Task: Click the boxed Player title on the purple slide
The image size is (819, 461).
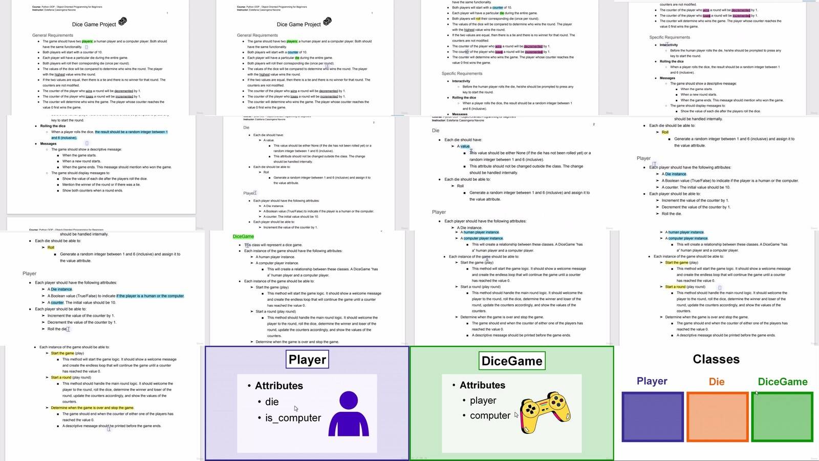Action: point(307,360)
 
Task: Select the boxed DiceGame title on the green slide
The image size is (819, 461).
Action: point(512,361)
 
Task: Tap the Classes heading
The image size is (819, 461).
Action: point(716,359)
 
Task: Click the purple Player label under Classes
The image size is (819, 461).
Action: point(652,381)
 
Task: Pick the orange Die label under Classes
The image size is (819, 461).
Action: point(716,382)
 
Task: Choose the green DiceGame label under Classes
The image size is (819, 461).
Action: point(782,382)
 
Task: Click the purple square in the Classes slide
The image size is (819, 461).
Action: point(652,416)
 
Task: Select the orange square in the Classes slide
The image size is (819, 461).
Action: point(717,416)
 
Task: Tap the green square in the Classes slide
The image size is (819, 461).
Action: point(782,416)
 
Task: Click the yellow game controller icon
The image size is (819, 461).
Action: point(545,412)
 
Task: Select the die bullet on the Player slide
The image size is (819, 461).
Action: point(272,402)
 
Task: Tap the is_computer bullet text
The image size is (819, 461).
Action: point(293,418)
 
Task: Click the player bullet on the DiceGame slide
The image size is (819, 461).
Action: point(483,401)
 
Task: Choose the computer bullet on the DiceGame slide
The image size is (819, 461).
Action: point(489,415)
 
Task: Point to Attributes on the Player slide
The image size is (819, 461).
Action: point(278,386)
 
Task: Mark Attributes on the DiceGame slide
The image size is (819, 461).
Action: point(482,385)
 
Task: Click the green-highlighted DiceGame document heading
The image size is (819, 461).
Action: point(243,237)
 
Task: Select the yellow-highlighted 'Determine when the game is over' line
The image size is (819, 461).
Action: point(92,408)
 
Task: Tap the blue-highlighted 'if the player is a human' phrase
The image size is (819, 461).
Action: point(150,296)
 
